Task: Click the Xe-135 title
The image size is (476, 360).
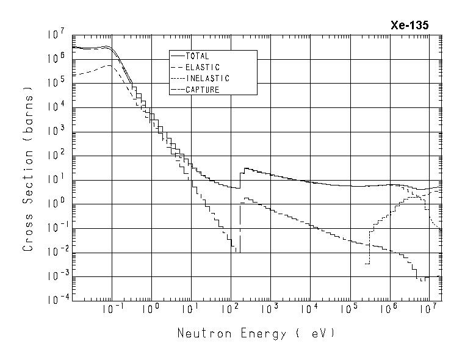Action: [x=409, y=25]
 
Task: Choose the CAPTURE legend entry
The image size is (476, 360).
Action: [x=202, y=90]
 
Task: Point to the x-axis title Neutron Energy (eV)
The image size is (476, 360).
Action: [x=256, y=334]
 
